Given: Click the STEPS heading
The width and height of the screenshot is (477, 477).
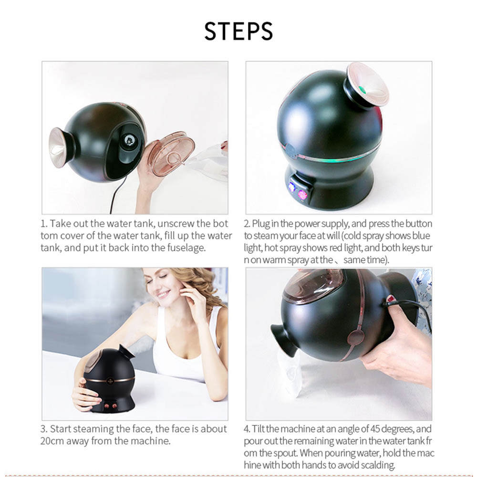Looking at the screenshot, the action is coord(238,31).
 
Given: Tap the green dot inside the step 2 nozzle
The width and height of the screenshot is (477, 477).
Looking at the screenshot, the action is coord(362,90).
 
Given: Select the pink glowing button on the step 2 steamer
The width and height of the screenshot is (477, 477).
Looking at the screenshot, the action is coord(302,195).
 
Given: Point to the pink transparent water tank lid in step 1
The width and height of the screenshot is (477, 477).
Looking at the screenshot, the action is coord(170,154).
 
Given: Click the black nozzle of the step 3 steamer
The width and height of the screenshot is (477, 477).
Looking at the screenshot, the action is coord(126,352).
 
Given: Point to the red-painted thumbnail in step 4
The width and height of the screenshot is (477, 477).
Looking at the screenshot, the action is coord(390,299).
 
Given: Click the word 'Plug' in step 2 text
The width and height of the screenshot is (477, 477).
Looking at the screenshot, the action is coord(261,224).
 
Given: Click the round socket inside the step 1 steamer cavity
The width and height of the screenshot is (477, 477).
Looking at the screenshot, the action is coord(130,140).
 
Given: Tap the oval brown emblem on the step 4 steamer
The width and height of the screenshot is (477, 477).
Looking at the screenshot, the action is coord(355,338).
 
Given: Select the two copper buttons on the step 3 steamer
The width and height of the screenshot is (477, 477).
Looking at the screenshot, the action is coord(111,406).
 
